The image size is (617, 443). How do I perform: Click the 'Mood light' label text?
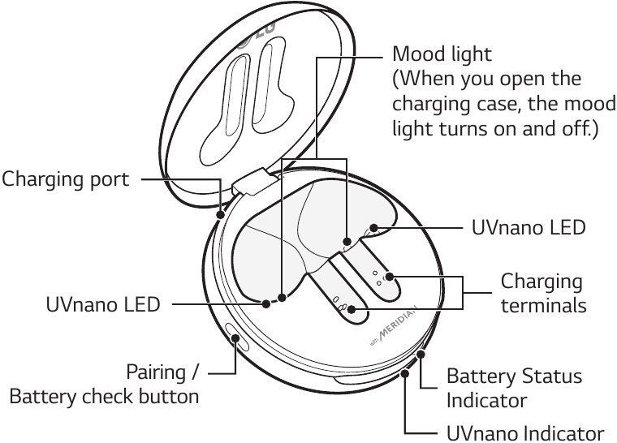tap(442, 54)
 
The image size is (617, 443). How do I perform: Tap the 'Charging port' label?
tap(65, 178)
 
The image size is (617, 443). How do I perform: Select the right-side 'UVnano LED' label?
tap(529, 226)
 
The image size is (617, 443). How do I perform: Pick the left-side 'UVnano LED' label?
tap(102, 306)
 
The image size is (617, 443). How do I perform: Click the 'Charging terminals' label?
tap(542, 294)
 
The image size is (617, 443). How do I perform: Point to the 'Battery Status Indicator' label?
tap(514, 389)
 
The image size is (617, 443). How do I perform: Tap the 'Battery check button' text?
tap(104, 397)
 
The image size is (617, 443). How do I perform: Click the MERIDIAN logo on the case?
tap(394, 329)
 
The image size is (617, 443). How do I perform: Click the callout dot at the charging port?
tap(222, 214)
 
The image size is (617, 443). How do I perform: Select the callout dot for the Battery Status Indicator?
tap(421, 355)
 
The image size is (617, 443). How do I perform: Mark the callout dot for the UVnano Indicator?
tap(404, 373)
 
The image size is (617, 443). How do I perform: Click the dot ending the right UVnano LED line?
tap(374, 227)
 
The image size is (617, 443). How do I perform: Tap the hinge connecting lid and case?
tap(251, 179)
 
